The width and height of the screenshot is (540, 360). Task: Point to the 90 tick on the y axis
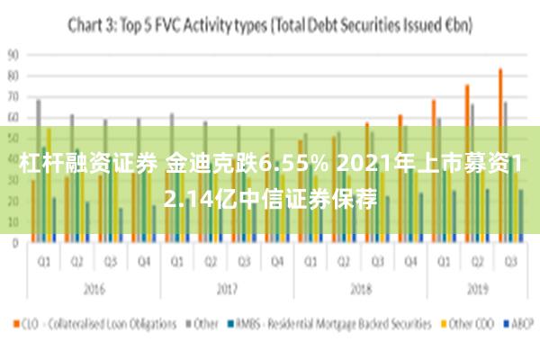coord(13,53)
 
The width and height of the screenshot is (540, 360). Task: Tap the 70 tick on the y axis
coord(13,95)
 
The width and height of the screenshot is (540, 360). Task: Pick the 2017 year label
coord(226,291)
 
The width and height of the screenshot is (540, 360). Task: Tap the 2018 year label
coord(360,291)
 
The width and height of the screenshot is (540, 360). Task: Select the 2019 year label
coord(475,291)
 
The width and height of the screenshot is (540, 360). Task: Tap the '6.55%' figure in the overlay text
coord(285,165)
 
